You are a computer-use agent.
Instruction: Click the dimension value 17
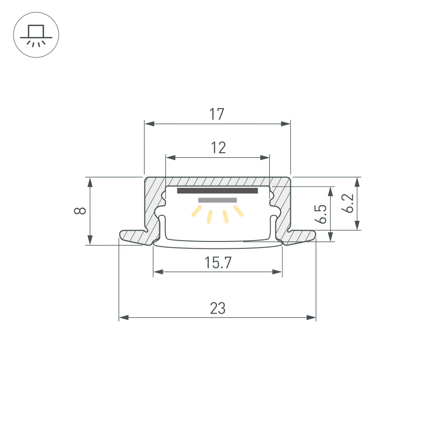click(217, 114)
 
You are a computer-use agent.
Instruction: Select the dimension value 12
click(218, 148)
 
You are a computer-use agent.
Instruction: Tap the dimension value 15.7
click(218, 263)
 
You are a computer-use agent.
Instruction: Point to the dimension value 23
click(218, 308)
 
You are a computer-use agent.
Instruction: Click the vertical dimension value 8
click(80, 211)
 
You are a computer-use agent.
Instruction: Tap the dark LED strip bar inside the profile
click(217, 191)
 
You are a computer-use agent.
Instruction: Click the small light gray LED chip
click(217, 200)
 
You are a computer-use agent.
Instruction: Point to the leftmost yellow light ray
click(196, 211)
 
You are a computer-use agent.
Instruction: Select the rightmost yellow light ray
click(238, 211)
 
